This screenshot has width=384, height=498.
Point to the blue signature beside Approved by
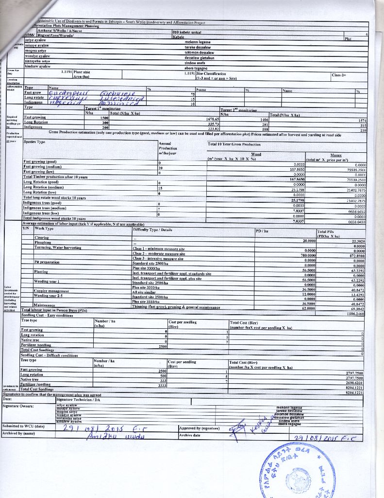tap(248, 425)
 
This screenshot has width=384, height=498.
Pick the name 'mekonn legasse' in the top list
tap(198, 42)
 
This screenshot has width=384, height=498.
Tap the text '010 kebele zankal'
tap(187, 31)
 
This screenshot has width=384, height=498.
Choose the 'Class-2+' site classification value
tap(339, 75)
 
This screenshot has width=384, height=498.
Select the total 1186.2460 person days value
tap(354, 314)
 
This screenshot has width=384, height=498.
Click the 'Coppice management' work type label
tap(51, 290)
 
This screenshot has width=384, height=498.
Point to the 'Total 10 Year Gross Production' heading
tap(234, 144)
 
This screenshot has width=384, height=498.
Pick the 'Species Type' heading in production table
tap(34, 142)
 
